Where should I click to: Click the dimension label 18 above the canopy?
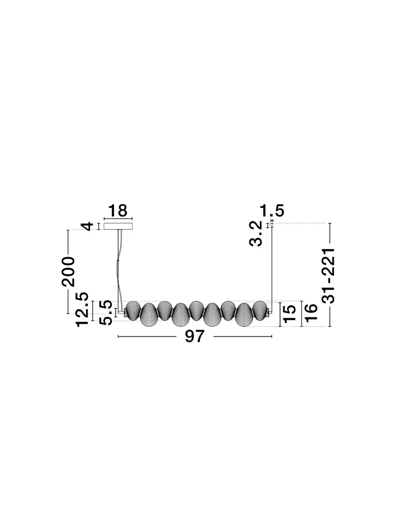point(117,211)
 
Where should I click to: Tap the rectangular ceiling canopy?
point(118,226)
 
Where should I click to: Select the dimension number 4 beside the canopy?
point(87,226)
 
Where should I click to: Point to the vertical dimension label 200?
point(68,272)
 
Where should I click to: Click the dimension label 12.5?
point(82,309)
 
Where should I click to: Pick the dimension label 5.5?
point(105,312)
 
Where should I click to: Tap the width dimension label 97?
point(195,337)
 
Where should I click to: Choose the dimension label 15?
point(289,314)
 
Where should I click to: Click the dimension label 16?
point(311,313)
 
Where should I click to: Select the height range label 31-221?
point(328,276)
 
